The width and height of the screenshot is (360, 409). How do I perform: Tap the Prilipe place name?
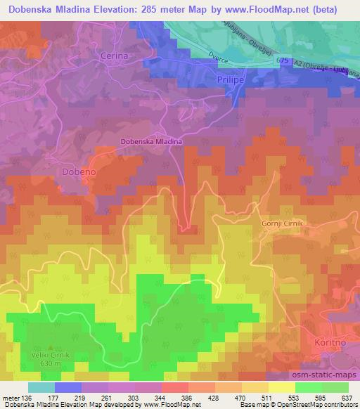click(x=229, y=81)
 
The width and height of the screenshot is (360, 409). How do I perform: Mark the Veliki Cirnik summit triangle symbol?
click(x=49, y=347)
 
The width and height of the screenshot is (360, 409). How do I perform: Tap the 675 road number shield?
click(x=283, y=62)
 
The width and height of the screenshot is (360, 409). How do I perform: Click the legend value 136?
click(x=27, y=397)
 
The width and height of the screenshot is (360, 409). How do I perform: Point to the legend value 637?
click(x=347, y=397)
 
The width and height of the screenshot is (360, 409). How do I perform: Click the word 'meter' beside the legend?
click(x=11, y=397)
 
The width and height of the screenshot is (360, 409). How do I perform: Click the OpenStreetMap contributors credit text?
click(x=317, y=404)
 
